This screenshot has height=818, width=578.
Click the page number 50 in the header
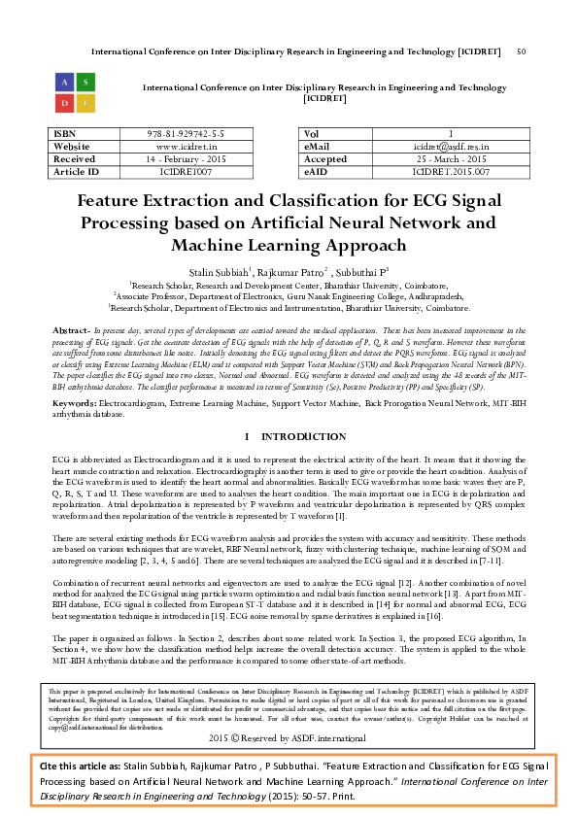coord(522,51)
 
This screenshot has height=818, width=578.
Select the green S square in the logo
coord(85,81)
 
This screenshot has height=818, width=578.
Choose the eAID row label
coord(317,171)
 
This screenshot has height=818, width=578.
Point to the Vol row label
coord(312,133)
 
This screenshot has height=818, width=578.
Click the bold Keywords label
coord(73,401)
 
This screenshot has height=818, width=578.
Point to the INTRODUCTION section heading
coord(296,436)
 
